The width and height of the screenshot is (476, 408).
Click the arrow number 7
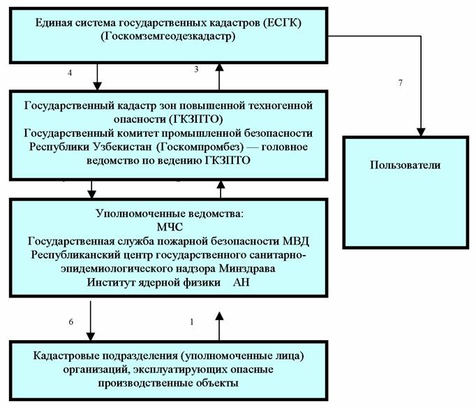point(400,82)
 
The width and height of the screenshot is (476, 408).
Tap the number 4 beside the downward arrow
point(70,73)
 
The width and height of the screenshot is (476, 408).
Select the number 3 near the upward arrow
point(196,69)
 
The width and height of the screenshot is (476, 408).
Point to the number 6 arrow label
point(70,322)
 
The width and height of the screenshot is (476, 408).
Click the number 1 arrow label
point(191,322)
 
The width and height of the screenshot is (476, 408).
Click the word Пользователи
point(405,165)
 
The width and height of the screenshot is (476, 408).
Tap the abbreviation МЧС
point(170,227)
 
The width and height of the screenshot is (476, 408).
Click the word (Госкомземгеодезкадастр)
point(168,36)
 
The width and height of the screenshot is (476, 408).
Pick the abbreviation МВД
point(296,241)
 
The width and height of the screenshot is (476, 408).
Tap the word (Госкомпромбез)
point(200,147)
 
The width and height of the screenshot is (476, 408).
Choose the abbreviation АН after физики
point(241,282)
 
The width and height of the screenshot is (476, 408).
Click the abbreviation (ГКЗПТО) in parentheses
point(196,119)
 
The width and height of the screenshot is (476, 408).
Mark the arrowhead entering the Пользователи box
point(421,132)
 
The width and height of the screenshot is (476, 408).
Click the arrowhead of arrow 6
point(91,336)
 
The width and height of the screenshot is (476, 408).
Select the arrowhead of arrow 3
point(219,67)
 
